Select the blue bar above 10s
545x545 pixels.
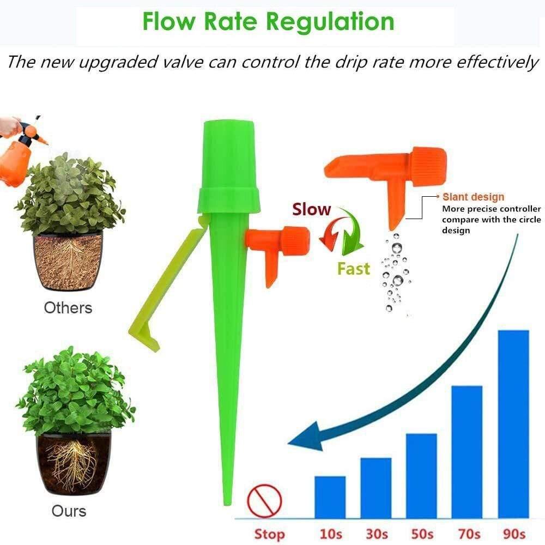tap(330, 496)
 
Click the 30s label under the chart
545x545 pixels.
tap(376, 532)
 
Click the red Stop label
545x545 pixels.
tap(269, 532)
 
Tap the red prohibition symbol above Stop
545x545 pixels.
tap(264, 500)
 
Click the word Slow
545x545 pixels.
tap(311, 210)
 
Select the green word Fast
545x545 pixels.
tap(353, 269)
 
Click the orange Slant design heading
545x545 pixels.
tap(473, 197)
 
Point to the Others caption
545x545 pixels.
tap(68, 307)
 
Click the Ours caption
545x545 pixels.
tap(69, 511)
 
